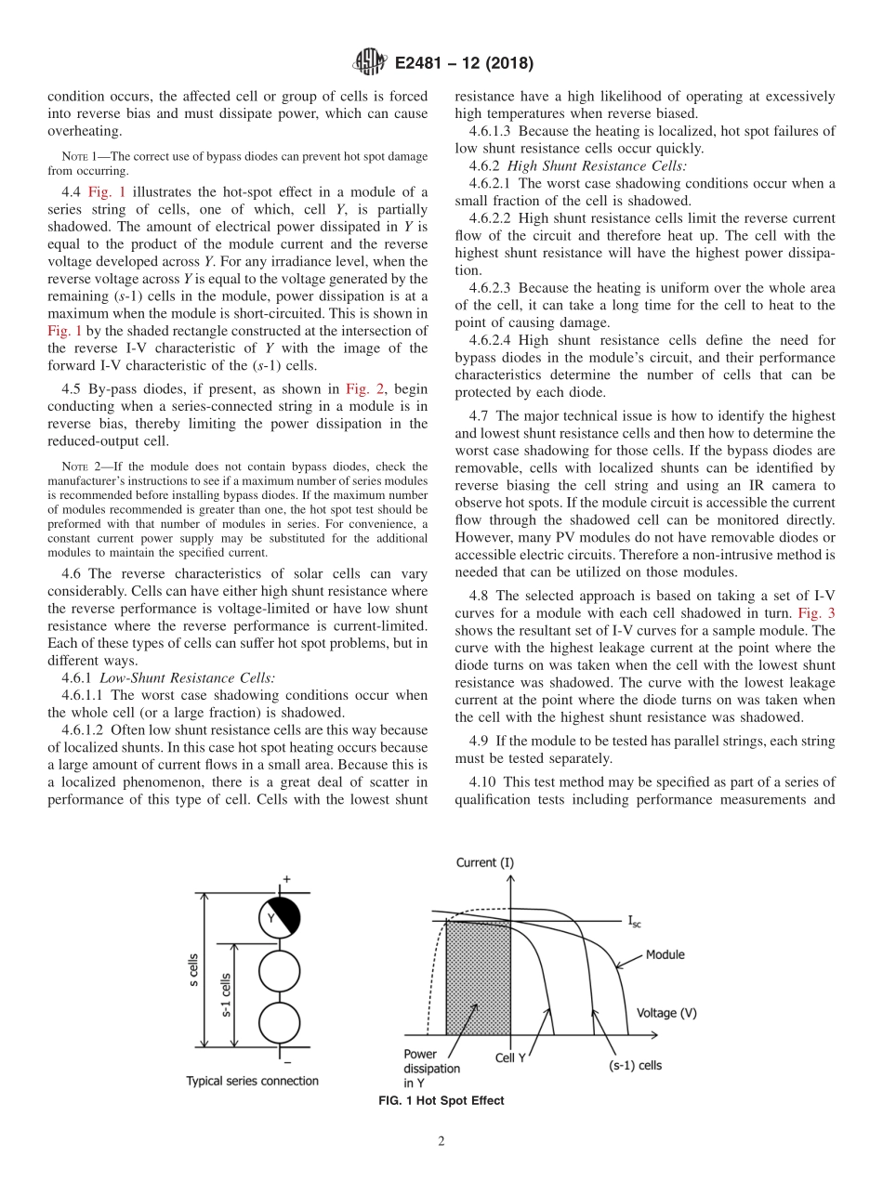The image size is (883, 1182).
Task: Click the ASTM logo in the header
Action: tap(369, 63)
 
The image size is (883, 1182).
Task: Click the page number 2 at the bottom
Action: tap(441, 1141)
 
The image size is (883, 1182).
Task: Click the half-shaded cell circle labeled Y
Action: tap(279, 918)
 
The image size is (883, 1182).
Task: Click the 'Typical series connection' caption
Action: tap(252, 1081)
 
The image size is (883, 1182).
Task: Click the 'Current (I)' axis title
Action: tap(484, 862)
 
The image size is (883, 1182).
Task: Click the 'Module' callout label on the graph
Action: tap(665, 954)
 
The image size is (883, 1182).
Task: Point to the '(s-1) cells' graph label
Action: tap(635, 1065)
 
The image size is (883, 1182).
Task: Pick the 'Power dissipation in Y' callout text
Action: tap(430, 1069)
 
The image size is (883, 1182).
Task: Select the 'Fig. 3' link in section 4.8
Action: tap(818, 613)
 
